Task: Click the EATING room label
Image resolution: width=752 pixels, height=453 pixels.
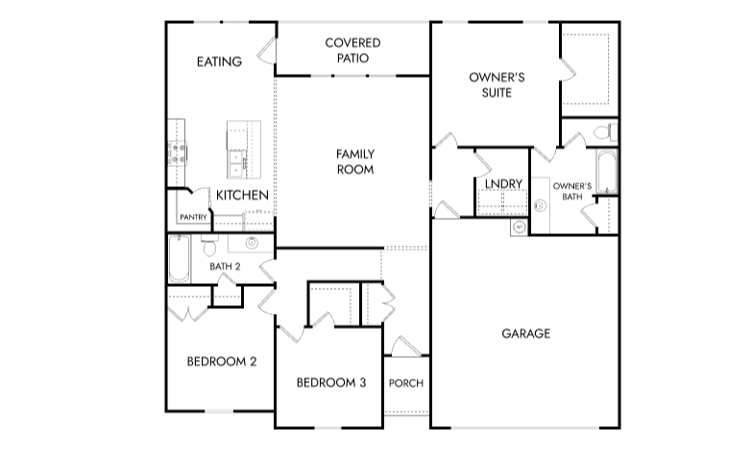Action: [x=219, y=62]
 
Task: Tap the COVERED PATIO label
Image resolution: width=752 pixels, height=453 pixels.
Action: [x=352, y=50]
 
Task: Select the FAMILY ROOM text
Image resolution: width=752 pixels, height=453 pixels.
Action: [x=354, y=161]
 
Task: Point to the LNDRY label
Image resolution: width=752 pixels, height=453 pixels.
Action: [x=503, y=183]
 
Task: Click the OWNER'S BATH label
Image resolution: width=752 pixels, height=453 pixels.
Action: [x=572, y=190]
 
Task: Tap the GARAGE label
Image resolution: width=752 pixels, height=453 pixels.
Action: [x=525, y=334]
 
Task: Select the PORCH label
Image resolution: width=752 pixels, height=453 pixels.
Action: [x=405, y=383]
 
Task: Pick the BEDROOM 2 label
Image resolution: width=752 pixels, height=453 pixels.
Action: [x=221, y=362]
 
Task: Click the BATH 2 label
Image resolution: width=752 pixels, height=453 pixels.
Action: [x=226, y=266]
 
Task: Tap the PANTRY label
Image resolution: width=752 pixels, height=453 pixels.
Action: [x=193, y=218]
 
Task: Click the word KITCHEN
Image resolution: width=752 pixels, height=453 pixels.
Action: [x=241, y=196]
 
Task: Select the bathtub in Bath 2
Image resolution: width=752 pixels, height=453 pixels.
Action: [x=179, y=258]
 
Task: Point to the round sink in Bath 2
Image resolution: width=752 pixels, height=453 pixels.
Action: [x=252, y=243]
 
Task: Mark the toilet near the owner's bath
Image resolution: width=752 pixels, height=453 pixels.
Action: [x=601, y=131]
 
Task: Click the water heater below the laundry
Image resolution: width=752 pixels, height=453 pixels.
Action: [x=519, y=227]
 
